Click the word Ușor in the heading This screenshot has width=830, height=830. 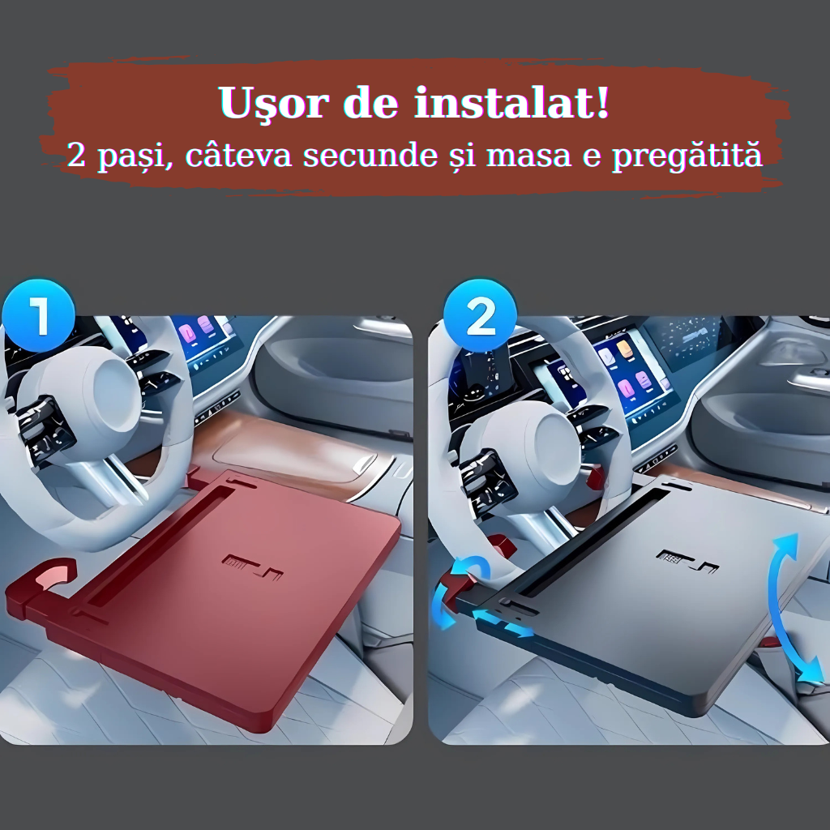pos(271,103)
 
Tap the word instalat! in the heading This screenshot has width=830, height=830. pos(511,102)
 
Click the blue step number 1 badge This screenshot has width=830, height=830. pos(38,315)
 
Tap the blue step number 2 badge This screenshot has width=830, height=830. pos(480,315)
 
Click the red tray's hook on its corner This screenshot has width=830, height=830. pos(40,582)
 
